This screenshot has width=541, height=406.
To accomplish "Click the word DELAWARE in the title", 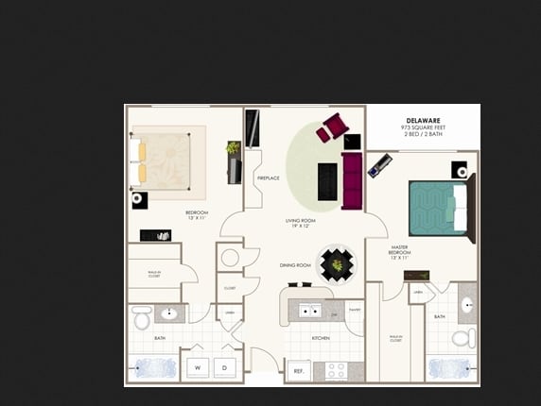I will (x=424, y=120).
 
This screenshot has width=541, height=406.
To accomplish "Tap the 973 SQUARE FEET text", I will (x=424, y=127).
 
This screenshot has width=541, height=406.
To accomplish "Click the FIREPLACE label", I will (x=268, y=178).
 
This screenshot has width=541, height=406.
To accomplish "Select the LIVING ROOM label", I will (x=300, y=223).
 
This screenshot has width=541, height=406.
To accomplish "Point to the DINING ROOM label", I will (x=295, y=265).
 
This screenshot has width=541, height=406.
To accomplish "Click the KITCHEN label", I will (x=321, y=337).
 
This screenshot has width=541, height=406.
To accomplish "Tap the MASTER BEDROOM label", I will (x=400, y=252).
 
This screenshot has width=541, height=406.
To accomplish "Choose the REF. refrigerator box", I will (x=298, y=371).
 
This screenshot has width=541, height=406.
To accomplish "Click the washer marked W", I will (x=198, y=366).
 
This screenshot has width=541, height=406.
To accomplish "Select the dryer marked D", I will (x=226, y=366).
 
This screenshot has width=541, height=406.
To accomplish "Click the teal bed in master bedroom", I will (x=438, y=206).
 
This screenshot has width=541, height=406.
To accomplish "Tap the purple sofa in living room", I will (x=352, y=181).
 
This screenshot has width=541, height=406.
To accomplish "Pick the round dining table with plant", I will (x=337, y=264).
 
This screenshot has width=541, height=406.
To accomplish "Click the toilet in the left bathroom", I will (x=141, y=318).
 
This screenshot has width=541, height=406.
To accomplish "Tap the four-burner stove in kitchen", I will (x=337, y=369).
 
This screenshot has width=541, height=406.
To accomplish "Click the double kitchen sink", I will (x=310, y=309).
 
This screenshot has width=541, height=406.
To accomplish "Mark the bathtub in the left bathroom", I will (x=151, y=366).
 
